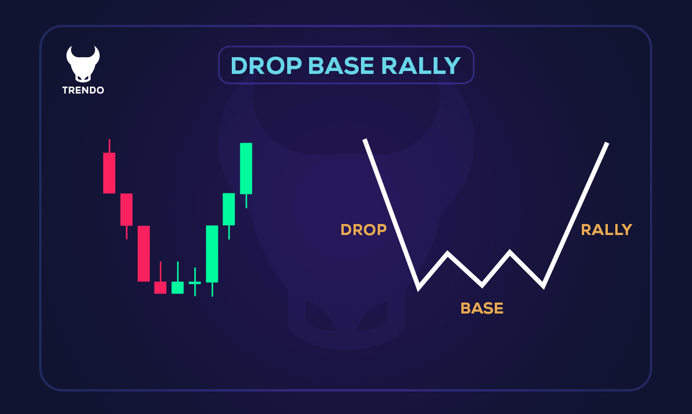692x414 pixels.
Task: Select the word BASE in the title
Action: click(x=341, y=66)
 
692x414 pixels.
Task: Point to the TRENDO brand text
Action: click(x=83, y=91)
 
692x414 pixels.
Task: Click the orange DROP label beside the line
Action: click(x=363, y=230)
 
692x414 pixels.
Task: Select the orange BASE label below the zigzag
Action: click(x=482, y=308)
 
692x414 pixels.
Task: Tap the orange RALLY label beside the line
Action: click(x=606, y=230)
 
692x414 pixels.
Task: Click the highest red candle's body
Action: click(x=109, y=173)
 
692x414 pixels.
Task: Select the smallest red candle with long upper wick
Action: click(x=160, y=287)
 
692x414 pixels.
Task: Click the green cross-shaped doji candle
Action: click(x=195, y=283)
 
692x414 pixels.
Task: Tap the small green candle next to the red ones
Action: click(x=178, y=287)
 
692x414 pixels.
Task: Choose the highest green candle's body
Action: click(x=246, y=168)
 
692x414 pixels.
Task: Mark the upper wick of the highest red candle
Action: click(x=109, y=146)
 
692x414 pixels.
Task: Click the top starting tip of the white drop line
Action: click(x=365, y=140)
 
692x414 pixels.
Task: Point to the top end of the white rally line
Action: click(x=607, y=143)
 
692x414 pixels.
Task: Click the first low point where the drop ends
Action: click(x=419, y=287)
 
